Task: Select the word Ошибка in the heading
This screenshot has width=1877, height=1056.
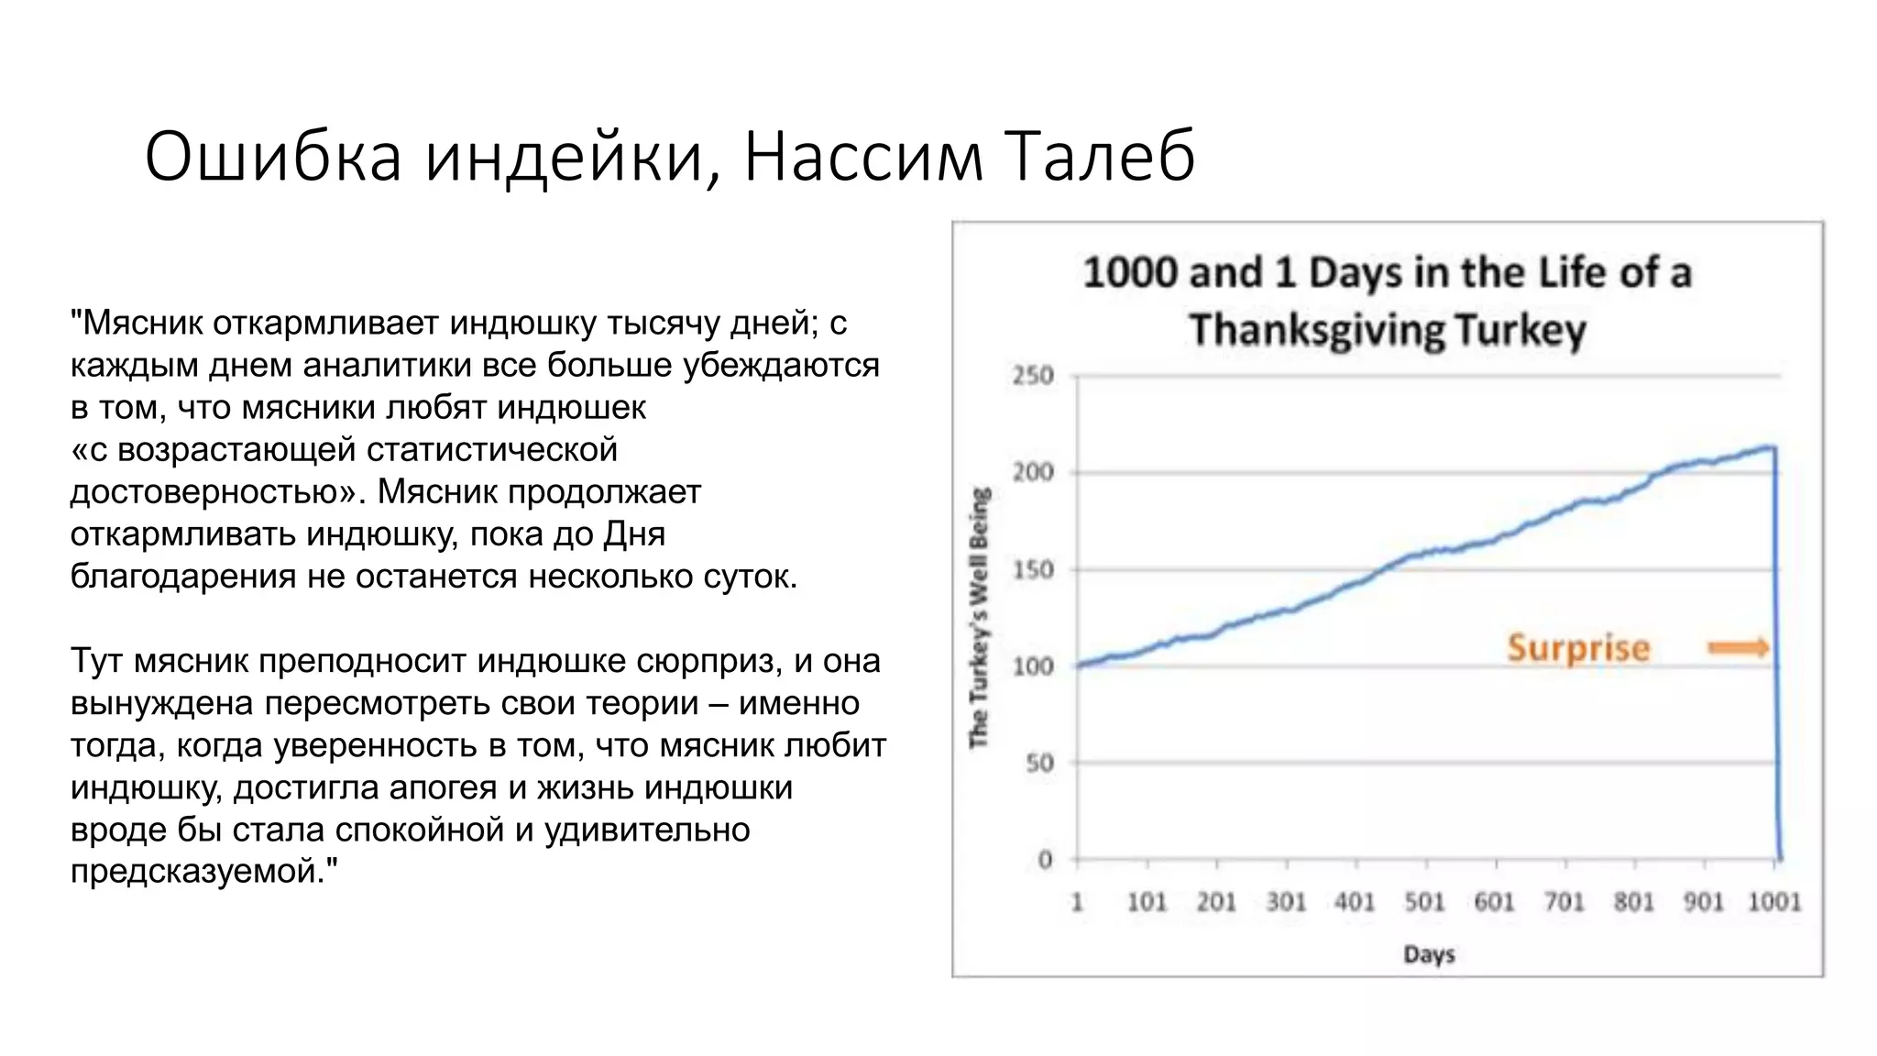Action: click(x=273, y=156)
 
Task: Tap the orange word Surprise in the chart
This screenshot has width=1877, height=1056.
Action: click(x=1578, y=648)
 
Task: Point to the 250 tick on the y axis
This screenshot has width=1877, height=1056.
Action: click(x=1033, y=376)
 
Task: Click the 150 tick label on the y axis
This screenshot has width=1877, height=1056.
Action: click(x=1033, y=570)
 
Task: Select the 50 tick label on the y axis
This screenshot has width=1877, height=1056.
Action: click(x=1039, y=763)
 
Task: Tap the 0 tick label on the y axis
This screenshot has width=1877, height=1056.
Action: click(x=1045, y=860)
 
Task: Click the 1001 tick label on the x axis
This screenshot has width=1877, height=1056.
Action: click(x=1774, y=902)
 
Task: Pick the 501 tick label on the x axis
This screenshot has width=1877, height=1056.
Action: click(x=1424, y=902)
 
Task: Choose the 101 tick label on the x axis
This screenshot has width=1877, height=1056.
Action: click(x=1147, y=902)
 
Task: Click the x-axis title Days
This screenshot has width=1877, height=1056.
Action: click(x=1429, y=954)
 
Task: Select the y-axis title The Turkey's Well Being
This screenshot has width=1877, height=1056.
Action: click(x=980, y=617)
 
